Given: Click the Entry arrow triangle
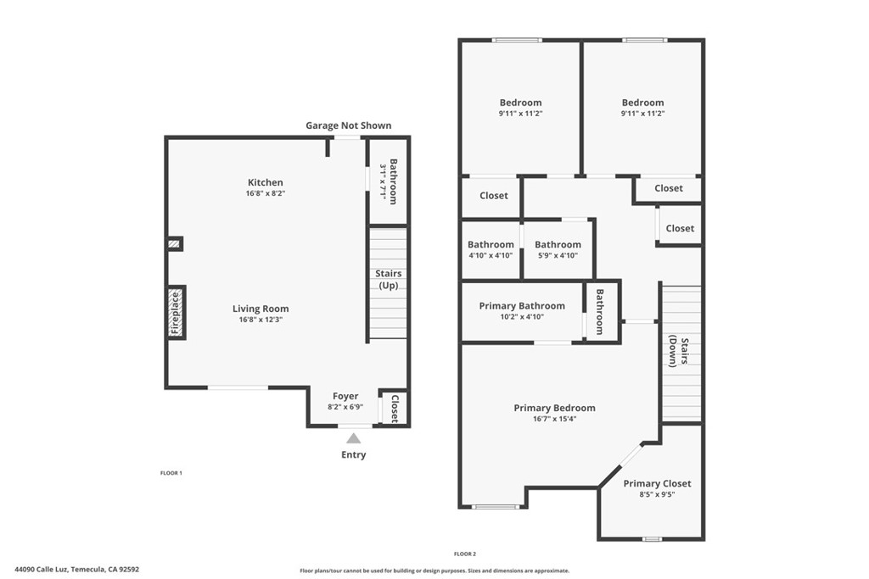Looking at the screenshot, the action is (354, 439).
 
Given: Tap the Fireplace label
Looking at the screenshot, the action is (176, 313).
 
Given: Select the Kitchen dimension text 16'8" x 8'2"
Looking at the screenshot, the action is (266, 193).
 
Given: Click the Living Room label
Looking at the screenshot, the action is (261, 309).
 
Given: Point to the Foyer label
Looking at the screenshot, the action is (345, 396).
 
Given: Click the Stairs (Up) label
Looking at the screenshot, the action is (389, 280).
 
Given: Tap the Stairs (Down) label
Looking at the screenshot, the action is (678, 352).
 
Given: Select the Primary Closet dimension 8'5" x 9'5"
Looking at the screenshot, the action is (657, 494).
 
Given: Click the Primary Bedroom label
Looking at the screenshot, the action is (554, 408).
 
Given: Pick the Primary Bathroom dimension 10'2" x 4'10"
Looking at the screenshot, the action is (522, 316).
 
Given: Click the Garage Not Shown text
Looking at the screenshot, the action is (349, 125).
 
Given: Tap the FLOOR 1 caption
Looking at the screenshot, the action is (171, 473).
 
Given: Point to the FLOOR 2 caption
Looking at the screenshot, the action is (465, 554).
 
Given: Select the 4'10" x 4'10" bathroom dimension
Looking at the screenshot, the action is (491, 255).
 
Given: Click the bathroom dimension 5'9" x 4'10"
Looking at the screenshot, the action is (558, 255).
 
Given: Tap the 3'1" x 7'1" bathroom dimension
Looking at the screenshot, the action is (383, 182).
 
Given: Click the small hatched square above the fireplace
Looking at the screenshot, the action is (175, 243).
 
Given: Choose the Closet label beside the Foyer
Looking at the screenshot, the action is (395, 409).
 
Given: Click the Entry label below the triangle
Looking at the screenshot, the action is (354, 455).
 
